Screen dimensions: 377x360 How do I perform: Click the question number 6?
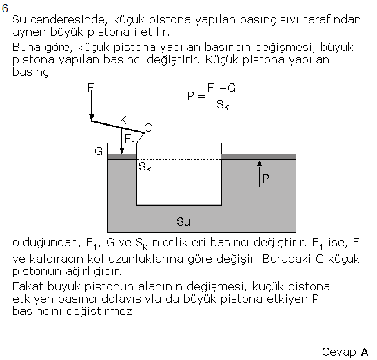pyautogui.click(x=5, y=8)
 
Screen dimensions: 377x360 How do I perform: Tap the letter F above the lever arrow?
pyautogui.click(x=90, y=88)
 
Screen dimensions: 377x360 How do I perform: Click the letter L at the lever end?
pyautogui.click(x=92, y=129)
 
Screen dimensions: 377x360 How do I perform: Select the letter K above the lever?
pyautogui.click(x=123, y=120)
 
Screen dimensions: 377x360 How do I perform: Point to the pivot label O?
pyautogui.click(x=148, y=128)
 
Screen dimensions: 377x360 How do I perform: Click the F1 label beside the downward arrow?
pyautogui.click(x=130, y=140)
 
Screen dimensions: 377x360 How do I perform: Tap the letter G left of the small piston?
pyautogui.click(x=99, y=151)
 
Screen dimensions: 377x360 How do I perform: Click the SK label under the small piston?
pyautogui.click(x=145, y=167)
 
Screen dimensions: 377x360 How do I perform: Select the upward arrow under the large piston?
pyautogui.click(x=259, y=174)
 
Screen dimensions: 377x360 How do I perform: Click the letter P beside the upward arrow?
pyautogui.click(x=265, y=179)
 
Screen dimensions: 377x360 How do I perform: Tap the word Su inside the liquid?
pyautogui.click(x=183, y=221)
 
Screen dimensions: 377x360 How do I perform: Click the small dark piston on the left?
pyautogui.click(x=122, y=157)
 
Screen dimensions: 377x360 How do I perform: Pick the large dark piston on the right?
pyautogui.click(x=258, y=157)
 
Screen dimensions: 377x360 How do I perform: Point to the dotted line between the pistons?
pyautogui.click(x=179, y=159)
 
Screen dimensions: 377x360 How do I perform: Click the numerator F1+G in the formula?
pyautogui.click(x=221, y=88)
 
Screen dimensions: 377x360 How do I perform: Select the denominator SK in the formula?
pyautogui.click(x=223, y=105)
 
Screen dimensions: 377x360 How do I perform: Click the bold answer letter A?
pyautogui.click(x=365, y=352)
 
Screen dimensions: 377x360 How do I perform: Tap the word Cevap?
pyautogui.click(x=339, y=352)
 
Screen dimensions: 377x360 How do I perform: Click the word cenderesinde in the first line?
pyautogui.click(x=68, y=20)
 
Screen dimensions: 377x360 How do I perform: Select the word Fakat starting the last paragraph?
pyautogui.click(x=28, y=286)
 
